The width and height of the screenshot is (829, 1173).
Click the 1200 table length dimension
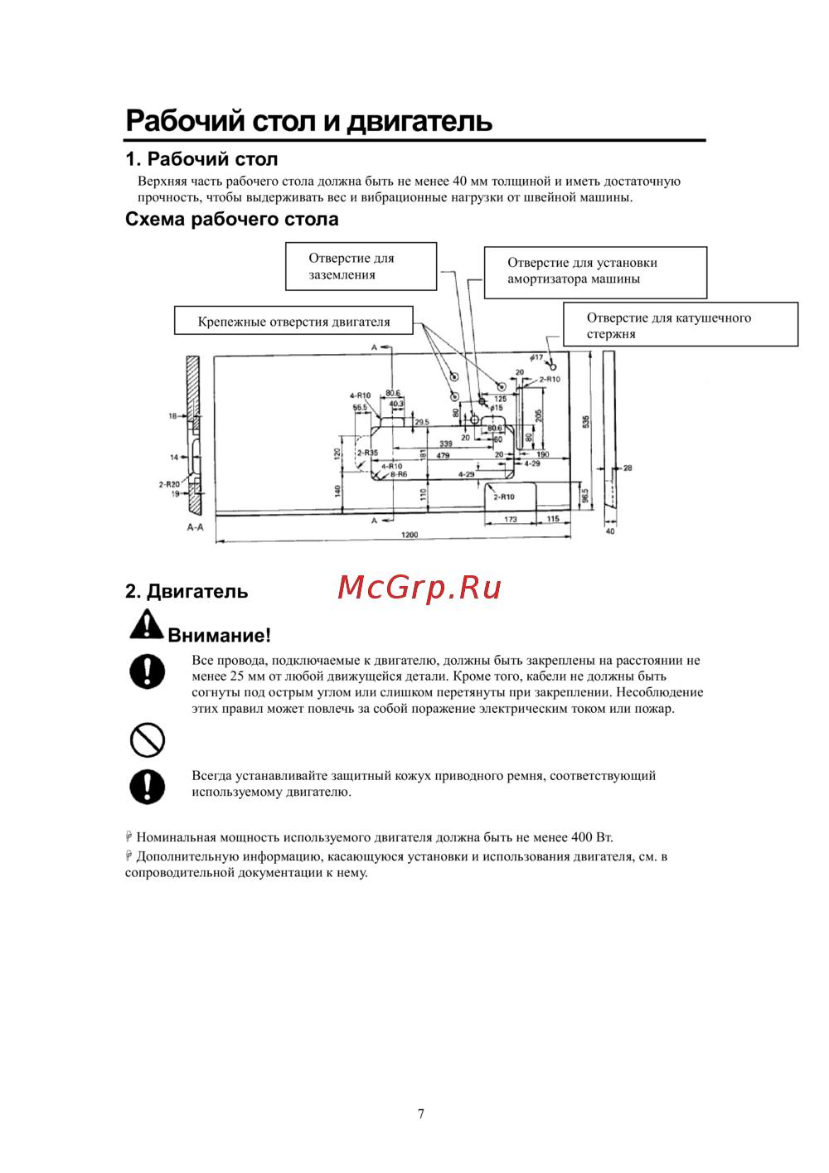[410, 535]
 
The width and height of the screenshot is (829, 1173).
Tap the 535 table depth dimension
[585, 421]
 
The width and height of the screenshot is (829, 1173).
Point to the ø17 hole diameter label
[537, 358]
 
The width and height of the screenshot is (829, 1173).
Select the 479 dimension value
[443, 455]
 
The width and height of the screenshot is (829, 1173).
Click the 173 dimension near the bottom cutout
[511, 520]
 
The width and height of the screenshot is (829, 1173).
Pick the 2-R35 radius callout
[367, 453]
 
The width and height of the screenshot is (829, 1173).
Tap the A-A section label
[195, 527]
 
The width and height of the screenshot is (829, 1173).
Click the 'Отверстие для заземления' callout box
[361, 266]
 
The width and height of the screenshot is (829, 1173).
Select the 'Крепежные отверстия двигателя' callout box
[293, 322]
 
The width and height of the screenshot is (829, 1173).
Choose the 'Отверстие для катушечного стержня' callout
[680, 325]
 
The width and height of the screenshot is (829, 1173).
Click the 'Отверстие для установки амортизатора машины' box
[595, 271]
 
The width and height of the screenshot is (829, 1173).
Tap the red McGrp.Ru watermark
[419, 588]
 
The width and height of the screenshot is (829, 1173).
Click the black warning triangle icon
[146, 625]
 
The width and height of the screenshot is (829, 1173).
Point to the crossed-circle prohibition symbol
[148, 739]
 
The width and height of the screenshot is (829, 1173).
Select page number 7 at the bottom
[421, 1113]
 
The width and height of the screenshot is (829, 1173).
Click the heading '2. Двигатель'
[187, 591]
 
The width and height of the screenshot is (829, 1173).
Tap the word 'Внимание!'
[219, 635]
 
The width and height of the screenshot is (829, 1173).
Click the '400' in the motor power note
[582, 837]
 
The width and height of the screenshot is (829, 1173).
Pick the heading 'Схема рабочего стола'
[232, 219]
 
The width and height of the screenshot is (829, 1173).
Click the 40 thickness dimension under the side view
[610, 531]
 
